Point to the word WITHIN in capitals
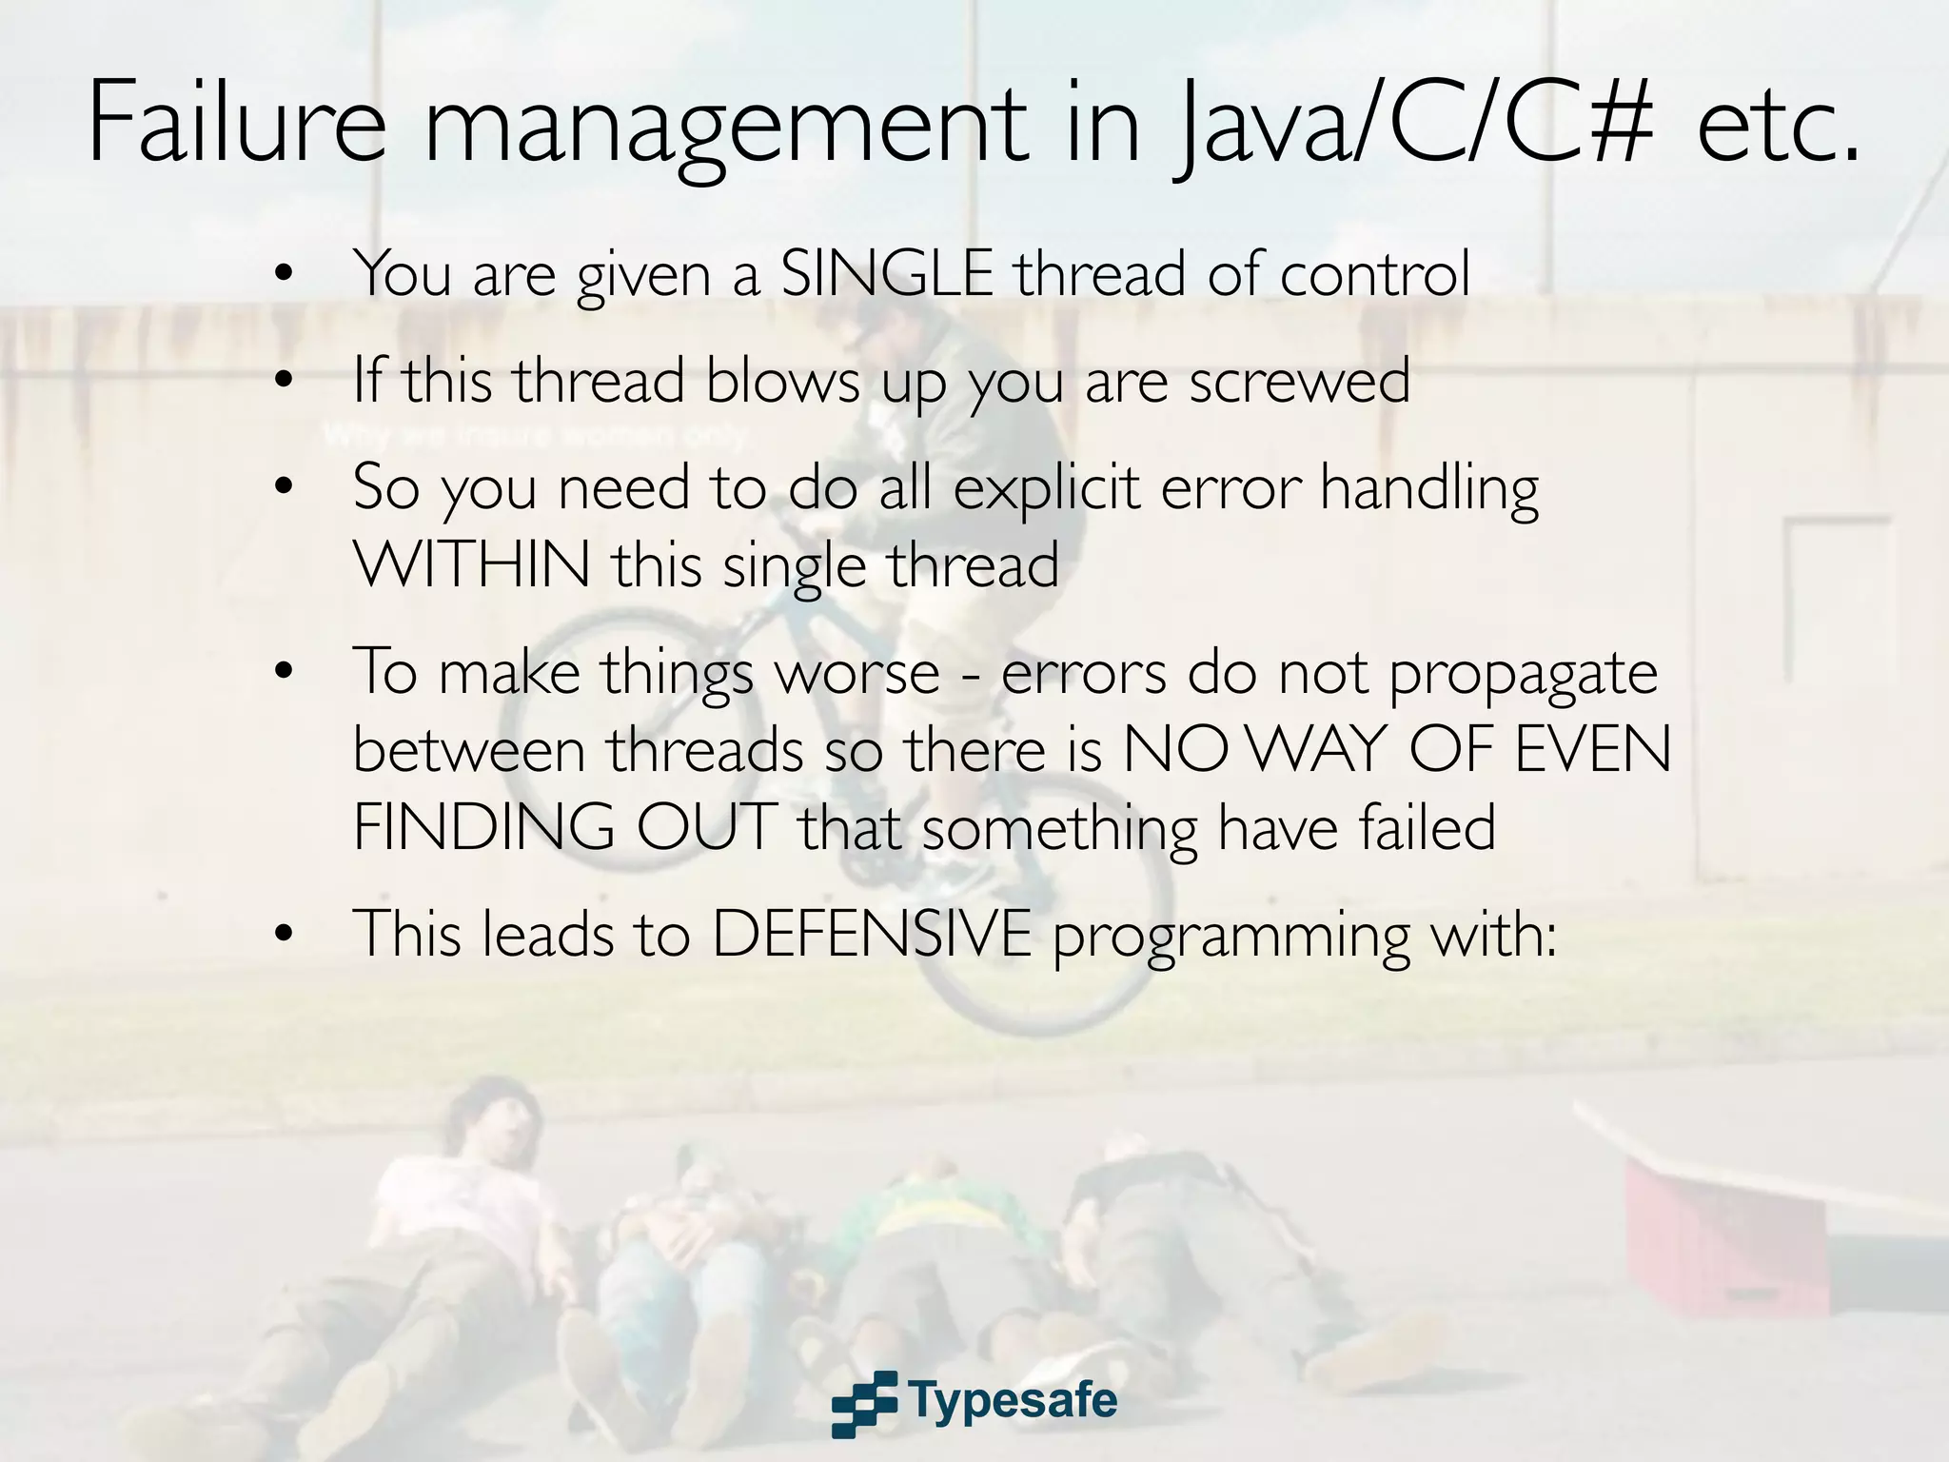[x=472, y=564]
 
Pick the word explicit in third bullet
[x=1046, y=489]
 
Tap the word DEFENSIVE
[x=872, y=934]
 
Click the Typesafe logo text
[x=1013, y=1400]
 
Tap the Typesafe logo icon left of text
[x=864, y=1403]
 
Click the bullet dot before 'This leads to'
[x=283, y=935]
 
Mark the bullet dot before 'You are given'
[x=283, y=275]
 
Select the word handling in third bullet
[x=1428, y=489]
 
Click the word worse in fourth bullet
[x=856, y=674]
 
